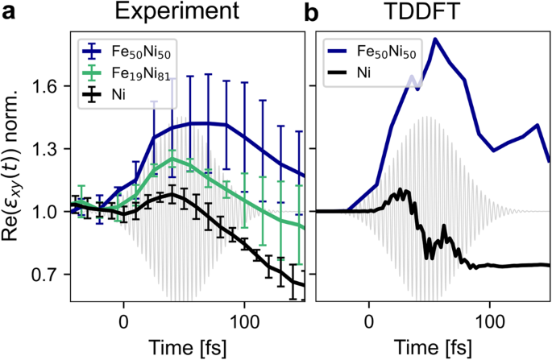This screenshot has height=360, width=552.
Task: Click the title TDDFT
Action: click(x=433, y=13)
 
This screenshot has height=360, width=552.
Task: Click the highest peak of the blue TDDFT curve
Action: click(x=435, y=39)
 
